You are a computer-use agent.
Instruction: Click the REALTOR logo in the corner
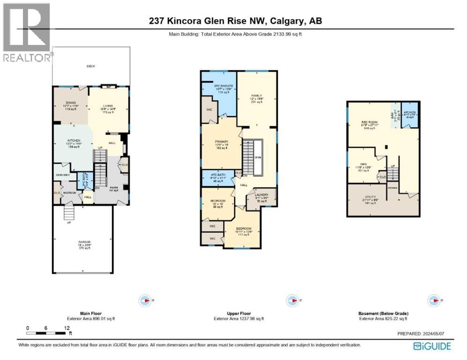[26, 32]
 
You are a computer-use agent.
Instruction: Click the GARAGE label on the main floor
[84, 243]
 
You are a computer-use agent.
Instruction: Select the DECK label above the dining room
[90, 66]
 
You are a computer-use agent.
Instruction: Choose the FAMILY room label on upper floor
[257, 96]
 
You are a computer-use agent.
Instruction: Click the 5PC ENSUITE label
[223, 86]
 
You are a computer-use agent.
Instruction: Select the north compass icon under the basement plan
[434, 300]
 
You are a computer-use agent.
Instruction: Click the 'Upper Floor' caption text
[239, 313]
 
